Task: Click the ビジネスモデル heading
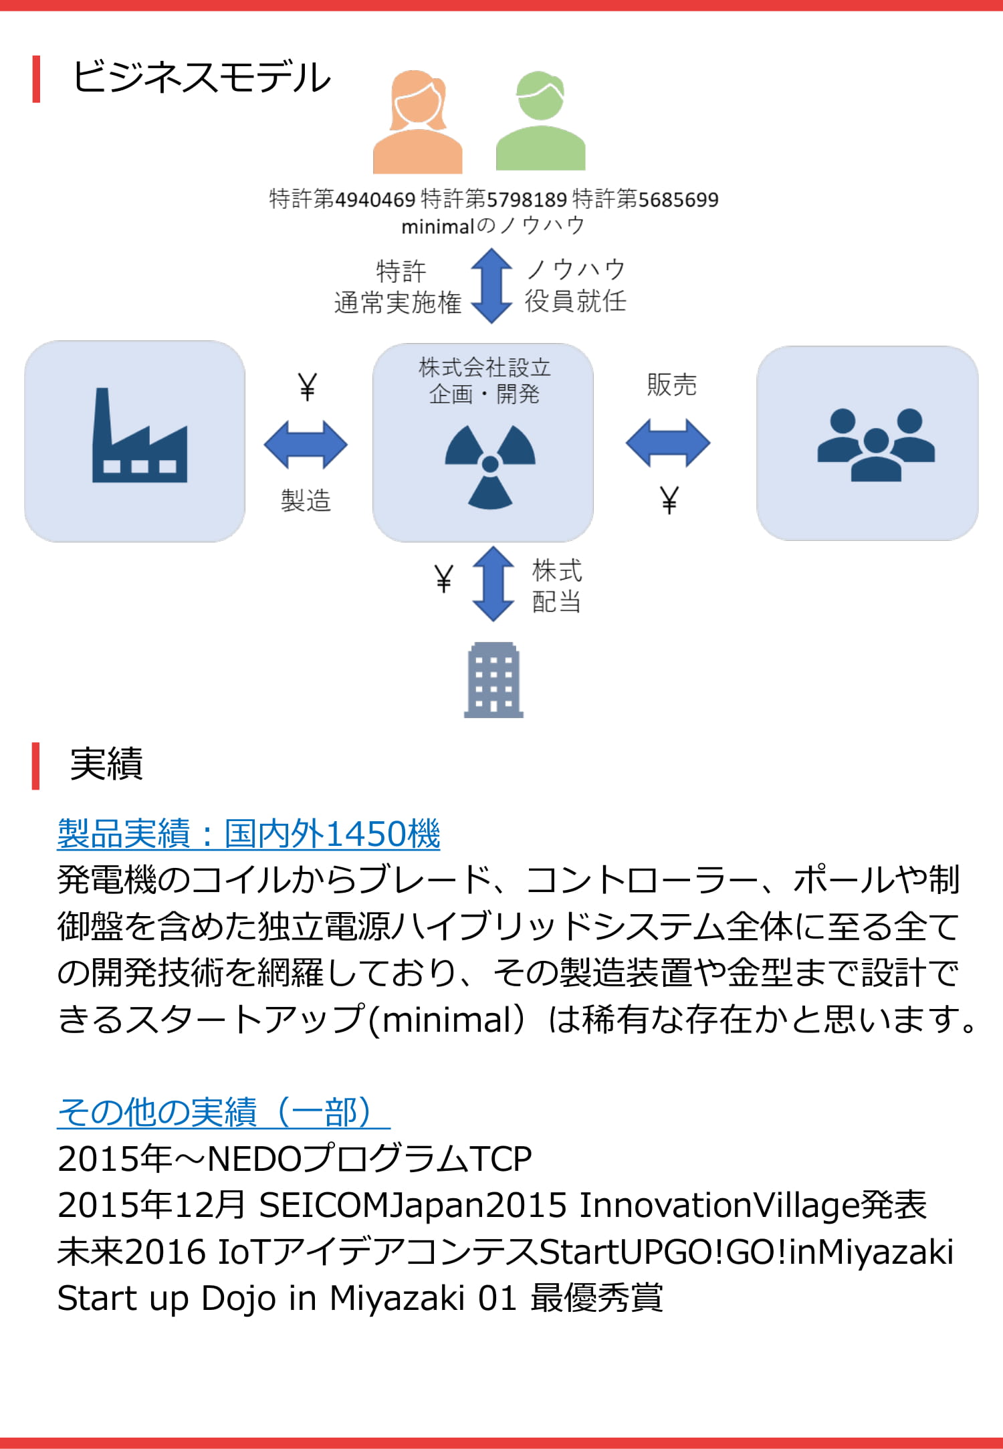[201, 78]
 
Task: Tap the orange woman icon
[417, 122]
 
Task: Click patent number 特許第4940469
[342, 199]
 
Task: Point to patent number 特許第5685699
[646, 199]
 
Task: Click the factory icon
[139, 435]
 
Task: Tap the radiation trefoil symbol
[490, 467]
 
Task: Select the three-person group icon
[876, 445]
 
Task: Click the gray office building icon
[493, 680]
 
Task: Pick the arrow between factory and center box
[306, 444]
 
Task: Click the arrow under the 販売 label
[668, 443]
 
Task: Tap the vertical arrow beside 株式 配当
[493, 584]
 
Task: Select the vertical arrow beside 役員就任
[491, 286]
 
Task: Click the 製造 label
[306, 500]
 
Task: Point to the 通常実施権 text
[398, 303]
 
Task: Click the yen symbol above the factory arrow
[307, 386]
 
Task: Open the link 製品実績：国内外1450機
[249, 834]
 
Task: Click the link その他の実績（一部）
[223, 1112]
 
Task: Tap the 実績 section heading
[106, 764]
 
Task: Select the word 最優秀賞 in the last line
[596, 1298]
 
